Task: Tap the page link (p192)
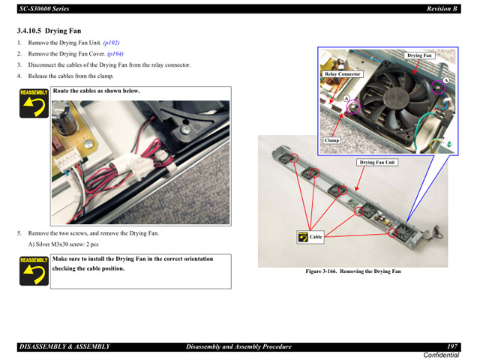[x=111, y=43]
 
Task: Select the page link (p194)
[x=115, y=54]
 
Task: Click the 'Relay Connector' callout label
[x=343, y=74]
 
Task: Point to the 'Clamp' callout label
[x=331, y=140]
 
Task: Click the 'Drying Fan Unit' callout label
[x=377, y=162]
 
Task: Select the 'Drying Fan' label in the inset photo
[x=419, y=55]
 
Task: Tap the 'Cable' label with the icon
[x=316, y=237]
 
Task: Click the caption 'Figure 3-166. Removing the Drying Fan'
[x=352, y=271]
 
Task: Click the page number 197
[x=453, y=346]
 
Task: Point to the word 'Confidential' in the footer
[x=442, y=355]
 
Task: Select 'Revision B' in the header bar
[x=442, y=8]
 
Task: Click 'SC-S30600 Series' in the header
[x=44, y=8]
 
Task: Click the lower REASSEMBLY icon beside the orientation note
[x=34, y=271]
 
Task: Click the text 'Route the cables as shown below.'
[x=96, y=91]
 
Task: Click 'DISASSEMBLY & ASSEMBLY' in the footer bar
[x=64, y=346]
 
